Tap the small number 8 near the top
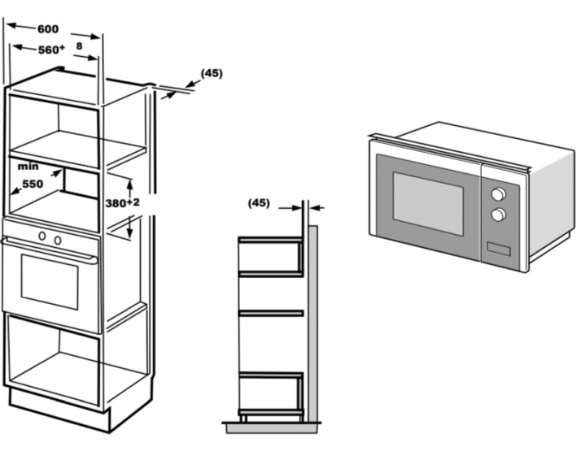(79, 46)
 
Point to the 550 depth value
(32, 184)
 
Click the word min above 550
(27, 165)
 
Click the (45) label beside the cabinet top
(212, 73)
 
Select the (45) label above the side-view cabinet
(258, 202)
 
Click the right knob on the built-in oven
(59, 239)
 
